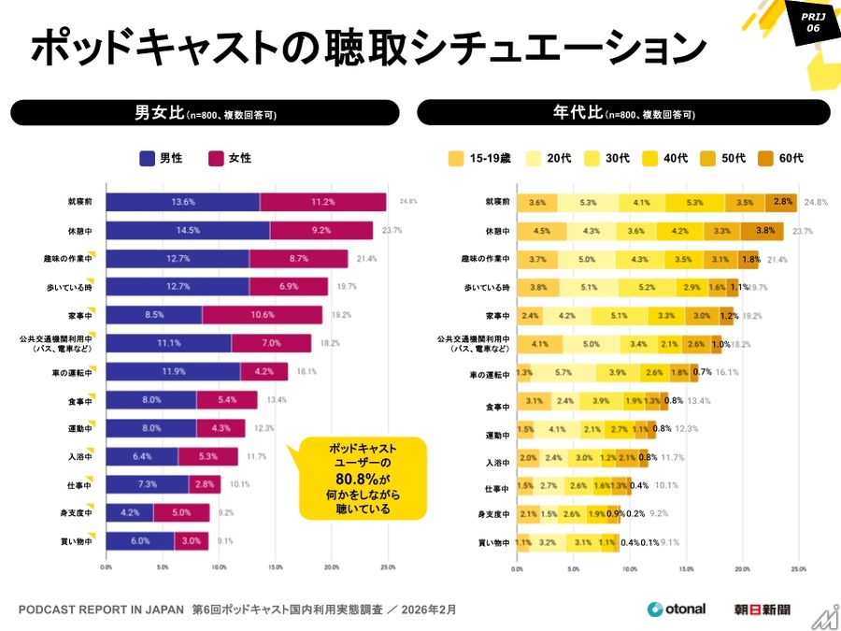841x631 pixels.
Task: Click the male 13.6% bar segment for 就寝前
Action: [182, 202]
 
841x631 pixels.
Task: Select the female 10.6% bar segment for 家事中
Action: [263, 315]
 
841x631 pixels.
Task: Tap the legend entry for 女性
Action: [230, 158]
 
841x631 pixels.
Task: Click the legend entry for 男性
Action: [161, 158]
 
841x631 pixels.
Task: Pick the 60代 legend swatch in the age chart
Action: [764, 158]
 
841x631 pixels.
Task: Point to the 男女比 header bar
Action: [205, 113]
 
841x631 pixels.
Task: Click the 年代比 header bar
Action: [623, 113]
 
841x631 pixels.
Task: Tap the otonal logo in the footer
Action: [678, 609]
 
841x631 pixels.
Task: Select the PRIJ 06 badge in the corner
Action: [809, 22]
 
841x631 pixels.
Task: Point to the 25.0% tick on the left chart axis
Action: [388, 566]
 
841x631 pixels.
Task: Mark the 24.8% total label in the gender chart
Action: [408, 202]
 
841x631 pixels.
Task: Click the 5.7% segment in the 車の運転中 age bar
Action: [563, 372]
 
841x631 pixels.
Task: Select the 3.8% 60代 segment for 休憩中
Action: [763, 231]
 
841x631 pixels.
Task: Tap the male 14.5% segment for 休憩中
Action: [187, 231]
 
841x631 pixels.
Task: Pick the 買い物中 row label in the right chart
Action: [492, 542]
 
